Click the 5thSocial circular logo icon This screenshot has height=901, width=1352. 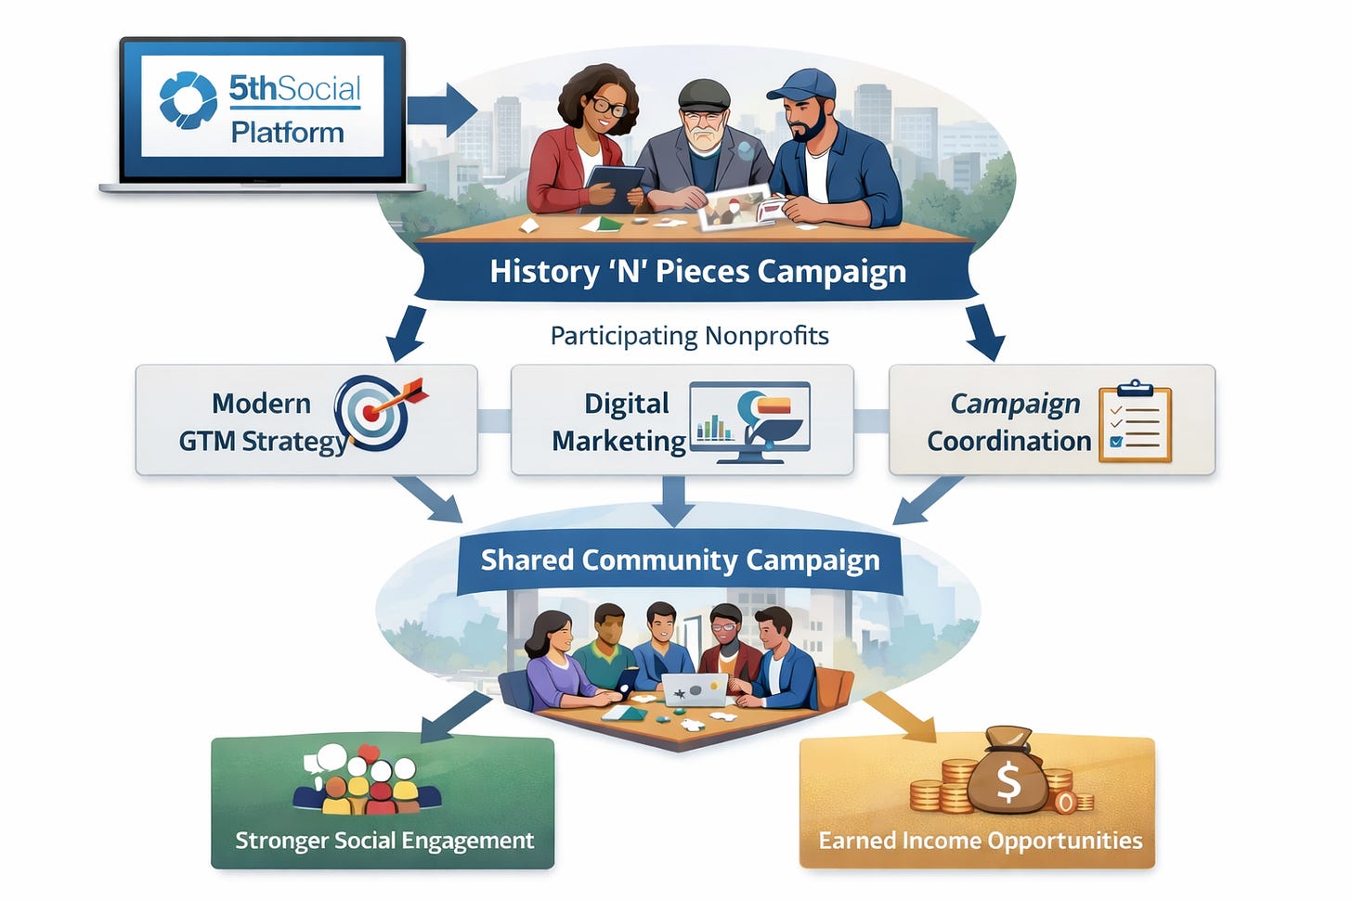tap(188, 99)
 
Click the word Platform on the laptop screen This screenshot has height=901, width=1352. tap(287, 133)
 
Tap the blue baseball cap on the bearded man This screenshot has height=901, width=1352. tap(800, 84)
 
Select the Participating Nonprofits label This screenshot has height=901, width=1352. tap(689, 335)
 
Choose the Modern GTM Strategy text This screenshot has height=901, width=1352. tap(262, 422)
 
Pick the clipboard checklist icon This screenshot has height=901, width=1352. tap(1135, 423)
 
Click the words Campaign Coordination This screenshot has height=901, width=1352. tap(1010, 422)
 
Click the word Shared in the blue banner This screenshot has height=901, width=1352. tap(526, 560)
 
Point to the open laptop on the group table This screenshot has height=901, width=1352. tap(694, 689)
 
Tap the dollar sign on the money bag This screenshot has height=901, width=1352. tap(1008, 782)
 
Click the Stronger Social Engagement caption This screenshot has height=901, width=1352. tap(383, 841)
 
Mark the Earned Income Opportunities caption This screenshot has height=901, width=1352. tap(980, 841)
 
